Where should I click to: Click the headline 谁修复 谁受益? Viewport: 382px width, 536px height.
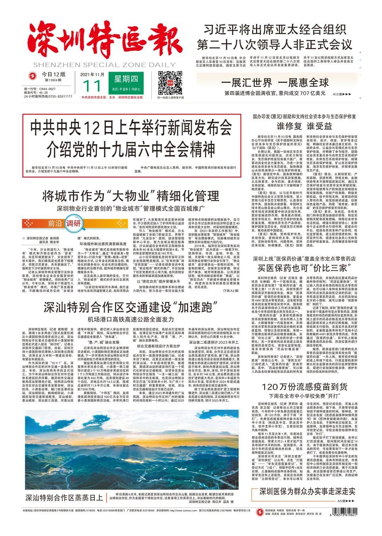coord(304,126)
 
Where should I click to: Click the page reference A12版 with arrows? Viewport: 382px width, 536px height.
coord(342,94)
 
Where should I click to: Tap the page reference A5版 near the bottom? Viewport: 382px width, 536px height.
coord(345,501)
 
